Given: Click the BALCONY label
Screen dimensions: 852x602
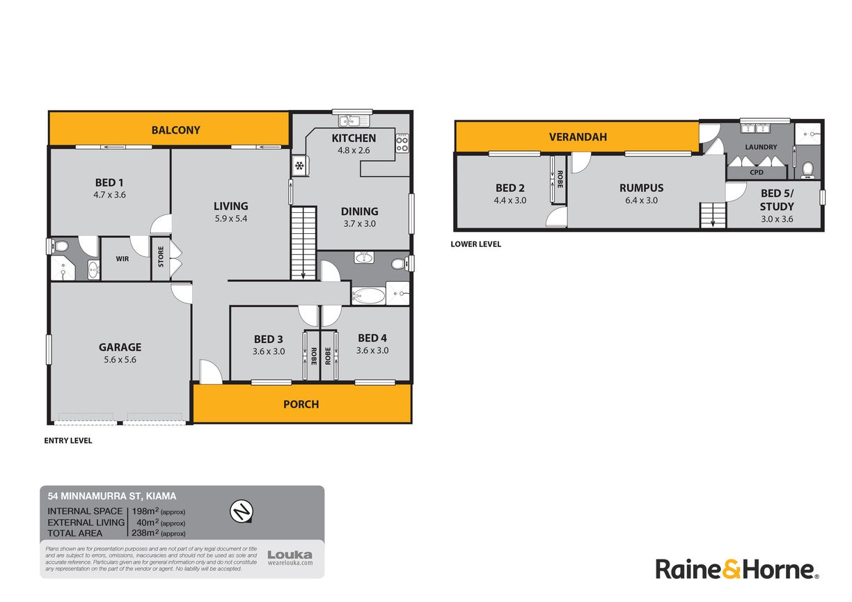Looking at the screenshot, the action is [175, 130].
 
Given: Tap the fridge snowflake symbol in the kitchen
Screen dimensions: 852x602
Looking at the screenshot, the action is [299, 166].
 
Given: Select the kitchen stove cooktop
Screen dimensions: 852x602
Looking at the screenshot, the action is [402, 143].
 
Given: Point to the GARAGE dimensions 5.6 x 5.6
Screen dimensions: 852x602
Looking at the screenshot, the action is [120, 359].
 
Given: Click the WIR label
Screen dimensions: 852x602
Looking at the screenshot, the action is [122, 259].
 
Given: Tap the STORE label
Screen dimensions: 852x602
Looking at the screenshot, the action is [161, 256].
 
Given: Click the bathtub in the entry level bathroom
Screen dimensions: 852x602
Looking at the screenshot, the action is [368, 296].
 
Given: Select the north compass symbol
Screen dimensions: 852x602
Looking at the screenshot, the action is [242, 511].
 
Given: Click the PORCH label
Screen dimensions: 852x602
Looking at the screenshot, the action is [301, 404].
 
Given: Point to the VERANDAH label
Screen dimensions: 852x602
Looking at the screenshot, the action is [578, 137].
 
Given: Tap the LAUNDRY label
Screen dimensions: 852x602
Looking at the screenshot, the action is [761, 147].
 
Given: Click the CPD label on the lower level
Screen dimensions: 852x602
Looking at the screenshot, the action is [757, 173].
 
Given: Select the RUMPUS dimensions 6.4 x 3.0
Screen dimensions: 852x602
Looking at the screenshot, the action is [641, 200].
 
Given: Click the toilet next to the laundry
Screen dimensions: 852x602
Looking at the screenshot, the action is [807, 170].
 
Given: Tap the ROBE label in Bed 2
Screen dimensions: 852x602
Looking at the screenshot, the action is [560, 179].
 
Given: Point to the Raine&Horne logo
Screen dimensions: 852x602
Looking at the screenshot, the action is [736, 569].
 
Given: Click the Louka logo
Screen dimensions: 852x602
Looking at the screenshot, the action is [290, 558].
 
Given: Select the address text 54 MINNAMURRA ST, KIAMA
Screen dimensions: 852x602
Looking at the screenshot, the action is [112, 496].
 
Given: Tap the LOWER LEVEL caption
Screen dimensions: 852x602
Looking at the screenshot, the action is [475, 244].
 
